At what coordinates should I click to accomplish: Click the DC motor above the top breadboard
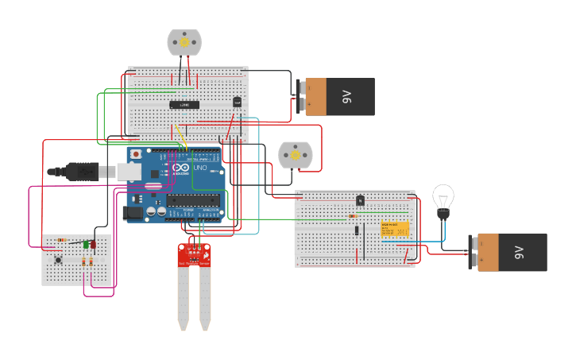pyautogui.click(x=184, y=42)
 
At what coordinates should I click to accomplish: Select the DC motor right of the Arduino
pyautogui.click(x=295, y=155)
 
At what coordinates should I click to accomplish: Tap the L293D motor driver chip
pyautogui.click(x=184, y=105)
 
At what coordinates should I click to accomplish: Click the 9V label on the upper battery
pyautogui.click(x=346, y=97)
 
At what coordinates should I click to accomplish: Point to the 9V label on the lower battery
pyautogui.click(x=519, y=252)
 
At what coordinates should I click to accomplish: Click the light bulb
pyautogui.click(x=443, y=199)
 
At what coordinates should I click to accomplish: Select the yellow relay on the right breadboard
pyautogui.click(x=395, y=229)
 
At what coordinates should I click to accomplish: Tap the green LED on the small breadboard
pyautogui.click(x=85, y=245)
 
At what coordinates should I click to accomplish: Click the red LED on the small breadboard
pyautogui.click(x=93, y=245)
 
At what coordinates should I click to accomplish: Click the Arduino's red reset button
pyautogui.click(x=136, y=153)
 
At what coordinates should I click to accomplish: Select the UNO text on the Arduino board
pyautogui.click(x=199, y=168)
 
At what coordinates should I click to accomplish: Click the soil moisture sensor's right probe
pyautogui.click(x=205, y=298)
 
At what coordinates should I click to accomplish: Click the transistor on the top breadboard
pyautogui.click(x=237, y=101)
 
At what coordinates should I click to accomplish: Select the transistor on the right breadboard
pyautogui.click(x=360, y=200)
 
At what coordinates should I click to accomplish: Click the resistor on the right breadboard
pyautogui.click(x=353, y=216)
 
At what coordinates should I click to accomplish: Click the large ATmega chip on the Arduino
pyautogui.click(x=193, y=199)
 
